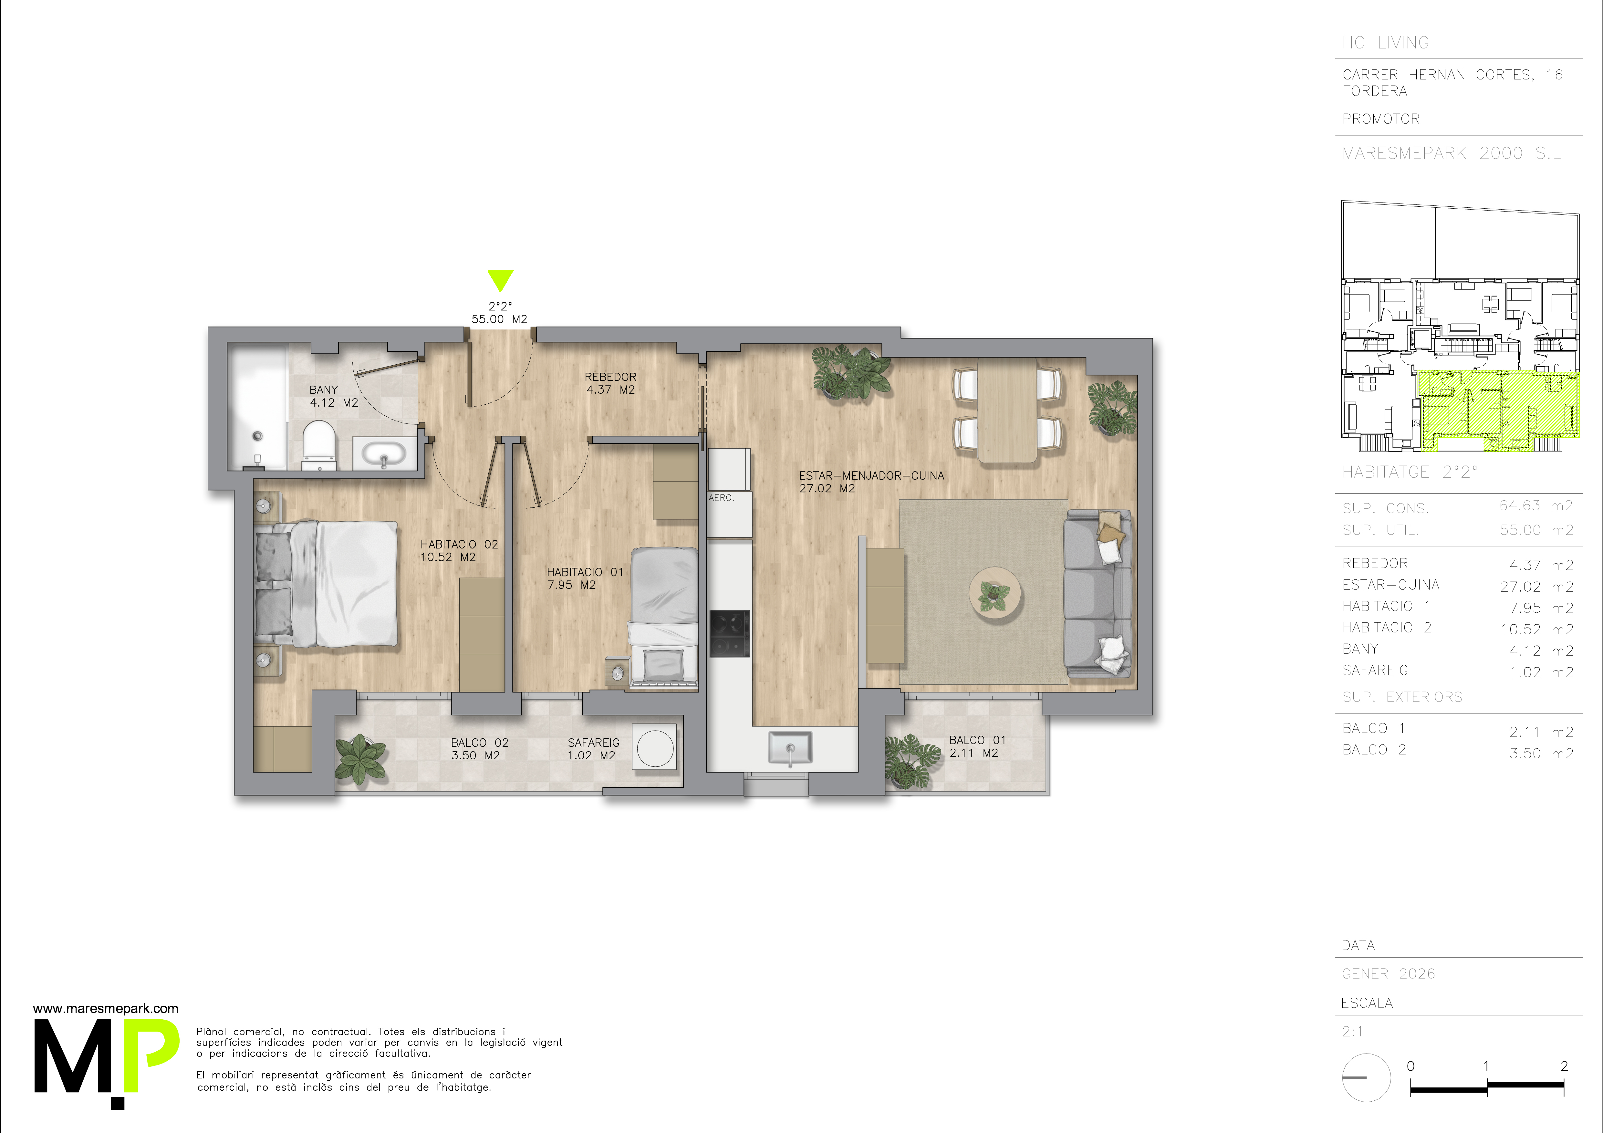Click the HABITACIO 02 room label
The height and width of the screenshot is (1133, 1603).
(x=459, y=550)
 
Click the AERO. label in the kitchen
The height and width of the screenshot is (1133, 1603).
(x=721, y=498)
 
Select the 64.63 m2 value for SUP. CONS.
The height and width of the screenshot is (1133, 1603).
(x=1536, y=505)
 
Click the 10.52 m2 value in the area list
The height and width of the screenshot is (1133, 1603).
(x=1537, y=629)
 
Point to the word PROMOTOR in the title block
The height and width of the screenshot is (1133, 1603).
(x=1380, y=119)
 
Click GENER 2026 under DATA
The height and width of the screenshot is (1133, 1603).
(x=1388, y=974)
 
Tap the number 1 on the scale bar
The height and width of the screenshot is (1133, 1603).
(x=1486, y=1066)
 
